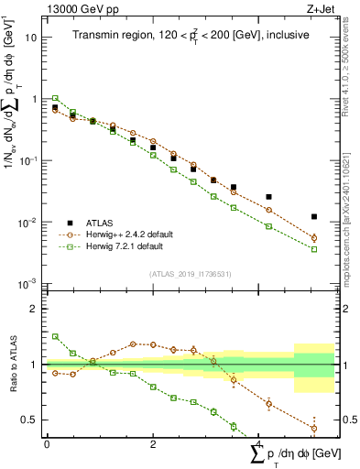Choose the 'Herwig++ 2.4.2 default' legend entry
129,234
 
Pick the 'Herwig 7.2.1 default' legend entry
124,246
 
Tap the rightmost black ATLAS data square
314,217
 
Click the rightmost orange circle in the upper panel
314,238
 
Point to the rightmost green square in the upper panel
314,249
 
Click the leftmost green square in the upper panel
55,98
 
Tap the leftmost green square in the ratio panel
55,336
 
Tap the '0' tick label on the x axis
47,443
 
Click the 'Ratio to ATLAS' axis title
11,365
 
